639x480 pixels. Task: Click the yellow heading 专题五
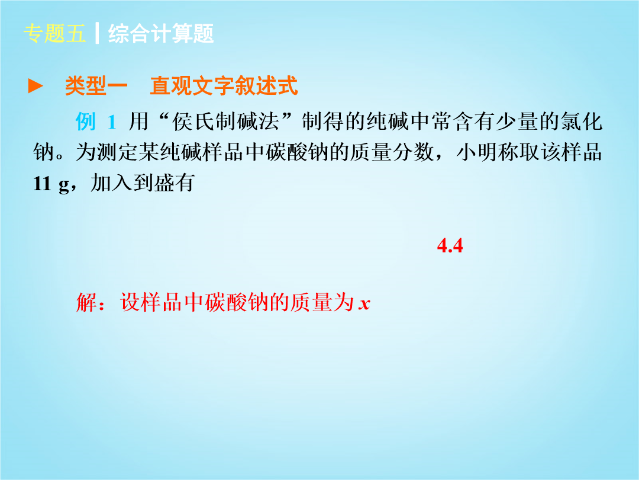pyautogui.click(x=54, y=33)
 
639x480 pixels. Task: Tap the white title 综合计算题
pyautogui.click(x=161, y=33)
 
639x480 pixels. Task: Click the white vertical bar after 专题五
pyautogui.click(x=97, y=33)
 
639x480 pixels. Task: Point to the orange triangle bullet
pyautogui.click(x=35, y=86)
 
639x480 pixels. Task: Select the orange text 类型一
pyautogui.click(x=96, y=86)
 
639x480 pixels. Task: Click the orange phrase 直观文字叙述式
pyautogui.click(x=224, y=86)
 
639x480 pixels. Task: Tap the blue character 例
pyautogui.click(x=86, y=121)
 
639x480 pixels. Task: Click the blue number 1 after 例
pyautogui.click(x=112, y=122)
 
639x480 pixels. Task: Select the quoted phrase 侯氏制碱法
pyautogui.click(x=226, y=121)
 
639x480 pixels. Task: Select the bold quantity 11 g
pyautogui.click(x=51, y=184)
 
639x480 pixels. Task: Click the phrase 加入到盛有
pyautogui.click(x=142, y=183)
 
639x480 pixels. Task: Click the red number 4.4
pyautogui.click(x=450, y=246)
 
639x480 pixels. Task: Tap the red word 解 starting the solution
pyautogui.click(x=86, y=302)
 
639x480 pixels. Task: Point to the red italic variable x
pyautogui.click(x=364, y=304)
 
